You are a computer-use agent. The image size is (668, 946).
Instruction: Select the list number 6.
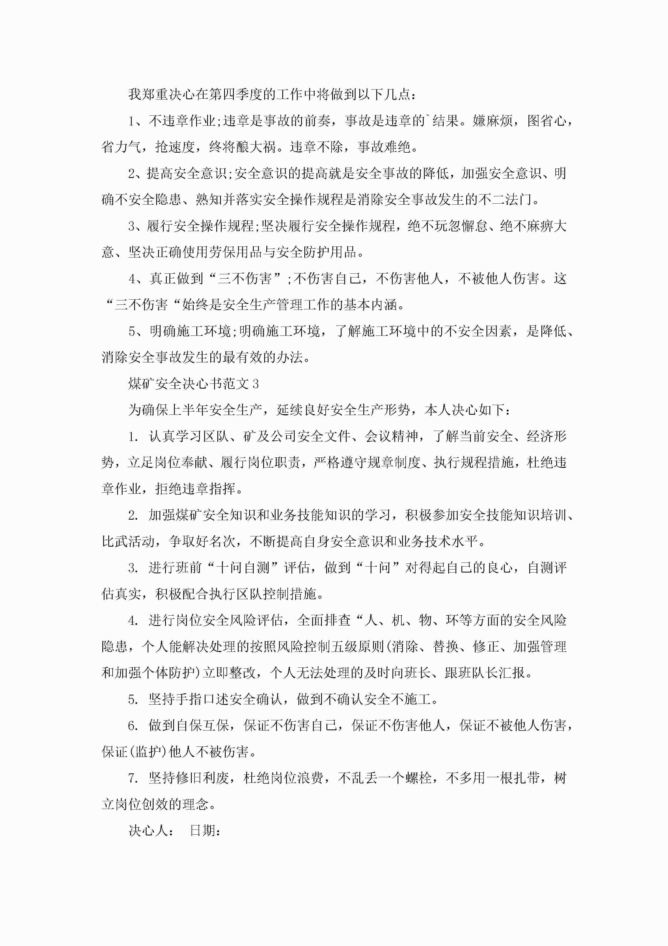click(133, 726)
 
